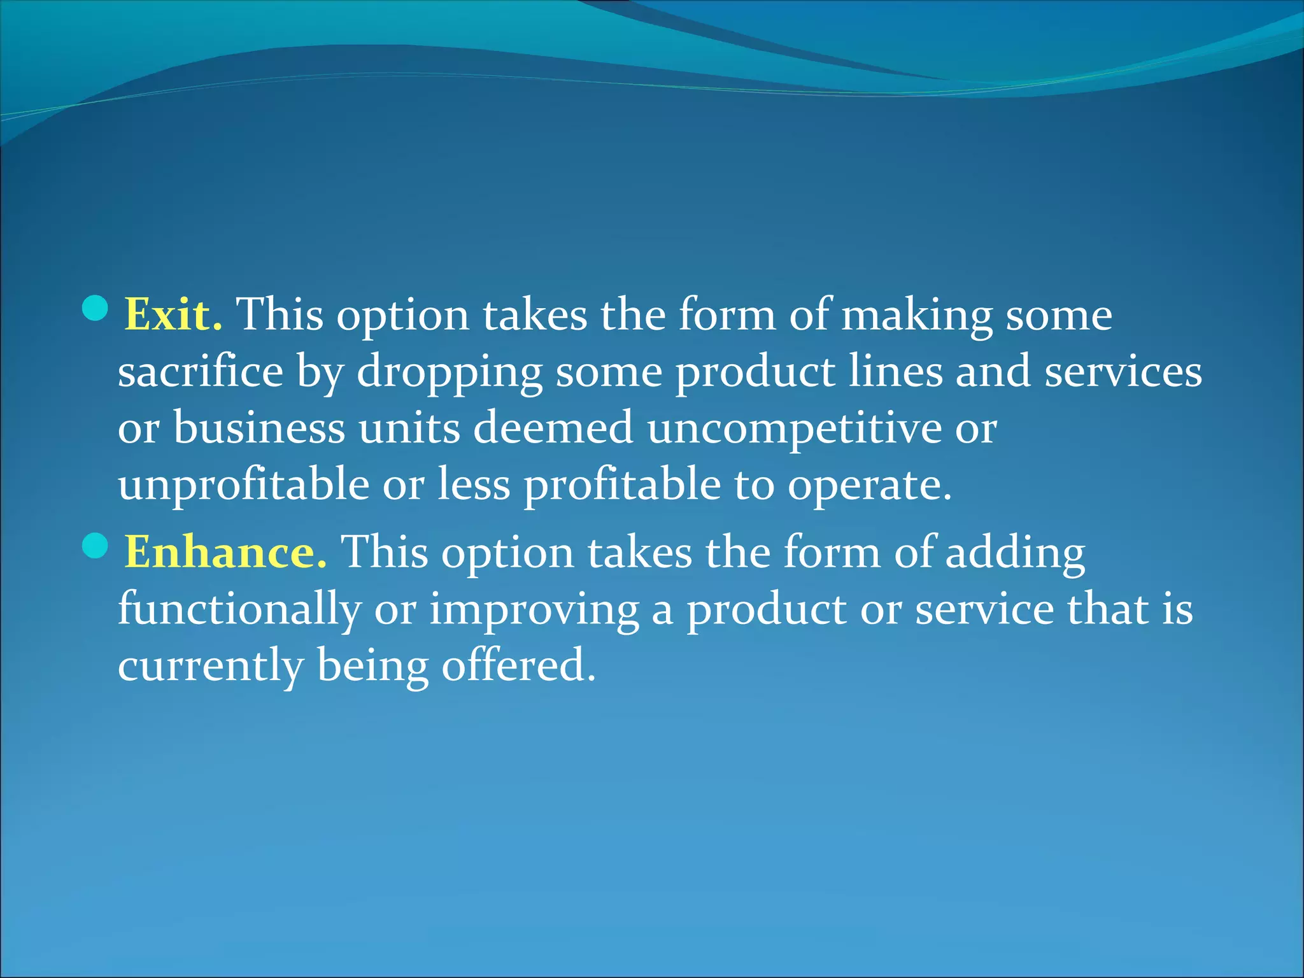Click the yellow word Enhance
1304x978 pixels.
click(x=225, y=552)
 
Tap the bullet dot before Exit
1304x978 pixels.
click(x=96, y=308)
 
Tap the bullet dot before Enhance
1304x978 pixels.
click(x=96, y=546)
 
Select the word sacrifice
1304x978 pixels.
click(x=201, y=372)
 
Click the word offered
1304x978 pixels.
click(x=519, y=665)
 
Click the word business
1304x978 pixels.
click(x=259, y=428)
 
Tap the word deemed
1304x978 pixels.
click(x=553, y=428)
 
